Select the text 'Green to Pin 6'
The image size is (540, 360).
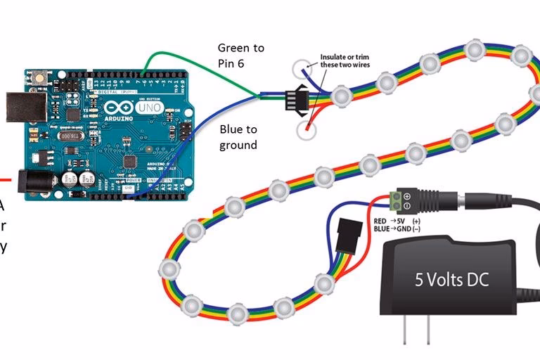tap(240, 56)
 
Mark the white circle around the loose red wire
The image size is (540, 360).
tap(307, 129)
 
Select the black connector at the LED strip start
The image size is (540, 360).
tap(291, 99)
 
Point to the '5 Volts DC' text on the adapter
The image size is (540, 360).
tap(451, 280)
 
